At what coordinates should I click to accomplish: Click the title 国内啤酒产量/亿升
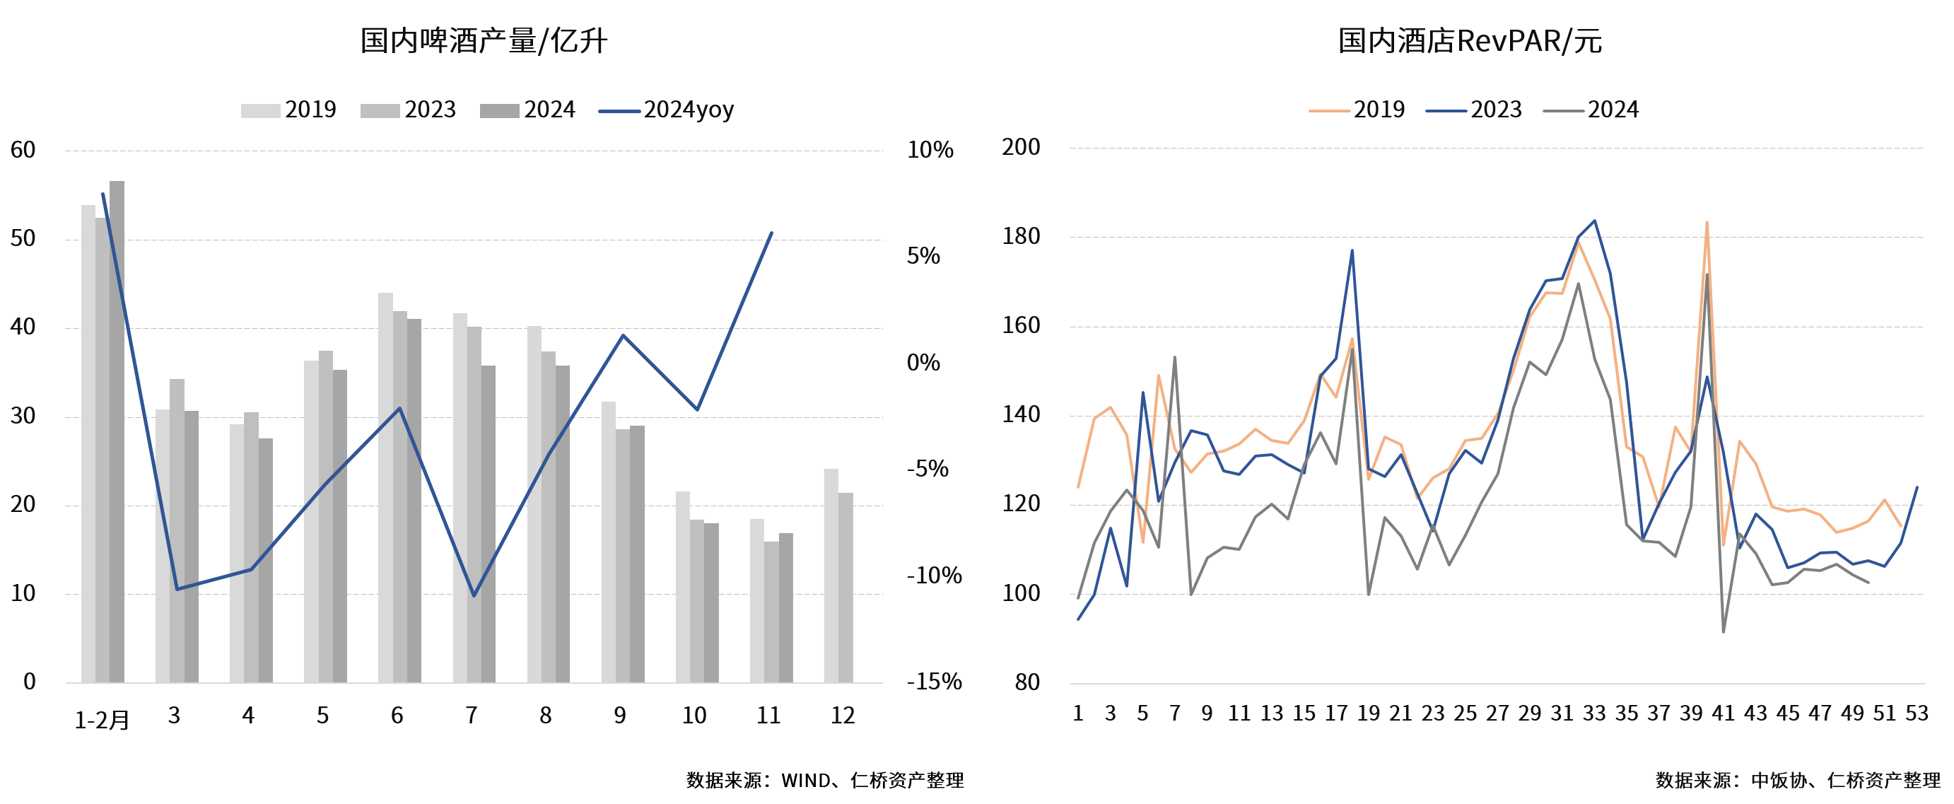tap(483, 41)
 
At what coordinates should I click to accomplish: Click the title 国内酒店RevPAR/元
tap(1469, 41)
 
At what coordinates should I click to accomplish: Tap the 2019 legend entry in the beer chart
tap(289, 110)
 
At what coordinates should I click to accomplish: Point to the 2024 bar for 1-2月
tap(117, 432)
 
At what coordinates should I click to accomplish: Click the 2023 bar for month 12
tap(846, 588)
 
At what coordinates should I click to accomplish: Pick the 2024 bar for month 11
tap(786, 607)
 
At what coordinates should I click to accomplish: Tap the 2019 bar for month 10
tap(683, 587)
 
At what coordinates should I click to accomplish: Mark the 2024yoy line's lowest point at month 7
tap(474, 595)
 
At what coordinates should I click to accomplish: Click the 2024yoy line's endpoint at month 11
tap(771, 233)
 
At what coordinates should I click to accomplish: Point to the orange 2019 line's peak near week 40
tap(1707, 223)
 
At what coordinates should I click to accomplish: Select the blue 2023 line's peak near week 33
tap(1594, 221)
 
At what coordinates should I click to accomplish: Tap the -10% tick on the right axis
tap(934, 576)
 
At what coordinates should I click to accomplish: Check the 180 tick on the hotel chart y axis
tap(1021, 237)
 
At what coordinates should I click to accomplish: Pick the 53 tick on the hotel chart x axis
tap(1917, 713)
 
